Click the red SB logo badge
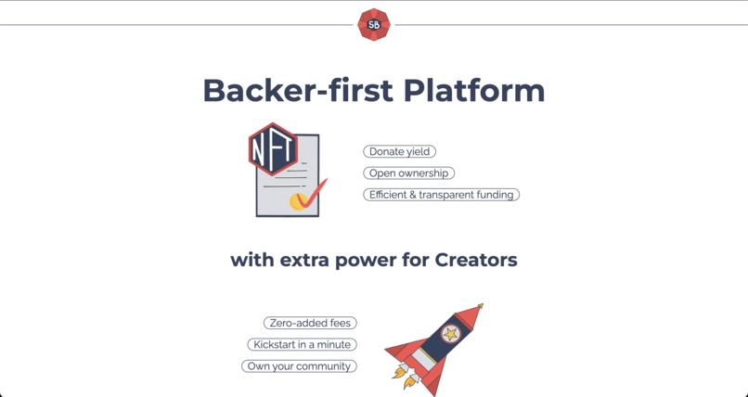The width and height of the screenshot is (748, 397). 374,25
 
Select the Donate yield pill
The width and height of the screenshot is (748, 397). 399,151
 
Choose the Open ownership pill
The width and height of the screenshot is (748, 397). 408,173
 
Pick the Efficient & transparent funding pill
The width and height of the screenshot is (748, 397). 441,195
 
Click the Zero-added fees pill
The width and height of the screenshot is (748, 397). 310,323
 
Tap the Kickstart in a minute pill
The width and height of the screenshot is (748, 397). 303,344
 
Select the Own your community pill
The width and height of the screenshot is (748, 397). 299,366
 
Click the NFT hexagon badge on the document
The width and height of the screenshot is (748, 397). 273,149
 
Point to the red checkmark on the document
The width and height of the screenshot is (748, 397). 313,192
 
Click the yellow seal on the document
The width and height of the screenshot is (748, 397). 298,200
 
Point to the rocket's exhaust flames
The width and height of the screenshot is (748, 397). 403,376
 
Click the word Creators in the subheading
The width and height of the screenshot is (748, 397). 475,260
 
